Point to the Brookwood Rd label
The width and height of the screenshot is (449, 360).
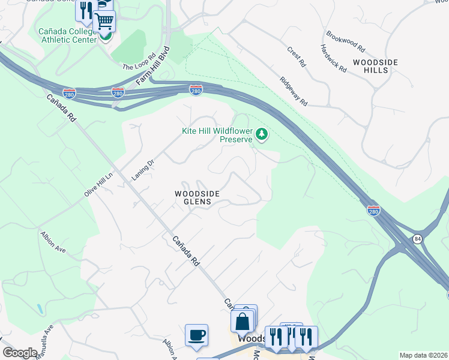tap(345, 41)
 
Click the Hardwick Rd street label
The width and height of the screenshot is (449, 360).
tap(333, 59)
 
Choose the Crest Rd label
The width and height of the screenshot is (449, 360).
tap(297, 56)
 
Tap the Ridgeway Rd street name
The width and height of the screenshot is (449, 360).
tap(293, 91)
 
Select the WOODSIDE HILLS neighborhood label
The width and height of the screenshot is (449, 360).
tap(370, 66)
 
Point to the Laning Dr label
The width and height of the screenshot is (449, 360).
tap(143, 170)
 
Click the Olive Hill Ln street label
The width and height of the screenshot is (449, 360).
tap(98, 184)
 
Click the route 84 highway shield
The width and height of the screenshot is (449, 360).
tap(416, 239)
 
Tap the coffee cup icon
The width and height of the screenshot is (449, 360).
tap(196, 335)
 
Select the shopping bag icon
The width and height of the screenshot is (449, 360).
tap(242, 322)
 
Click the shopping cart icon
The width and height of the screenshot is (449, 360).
tap(104, 22)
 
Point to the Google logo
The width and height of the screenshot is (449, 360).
tap(20, 353)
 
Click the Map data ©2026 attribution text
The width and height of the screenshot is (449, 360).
tap(423, 355)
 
